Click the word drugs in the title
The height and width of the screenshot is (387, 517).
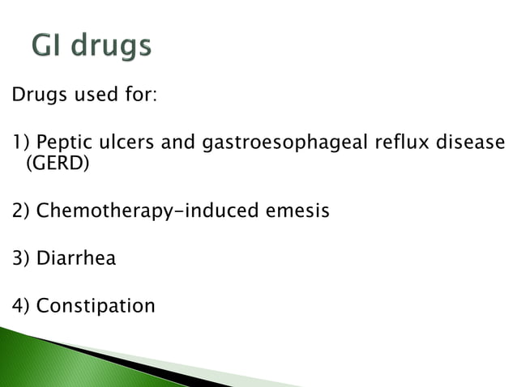tap(112, 46)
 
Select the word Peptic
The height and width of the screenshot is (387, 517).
tap(62, 144)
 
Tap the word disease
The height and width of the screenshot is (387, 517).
tap(472, 144)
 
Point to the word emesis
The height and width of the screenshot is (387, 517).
tap(298, 212)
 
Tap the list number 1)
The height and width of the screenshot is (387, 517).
tap(20, 144)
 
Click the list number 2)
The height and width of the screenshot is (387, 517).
tap(21, 212)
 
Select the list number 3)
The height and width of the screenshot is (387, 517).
tap(21, 259)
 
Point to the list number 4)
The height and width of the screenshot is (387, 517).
tap(21, 307)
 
